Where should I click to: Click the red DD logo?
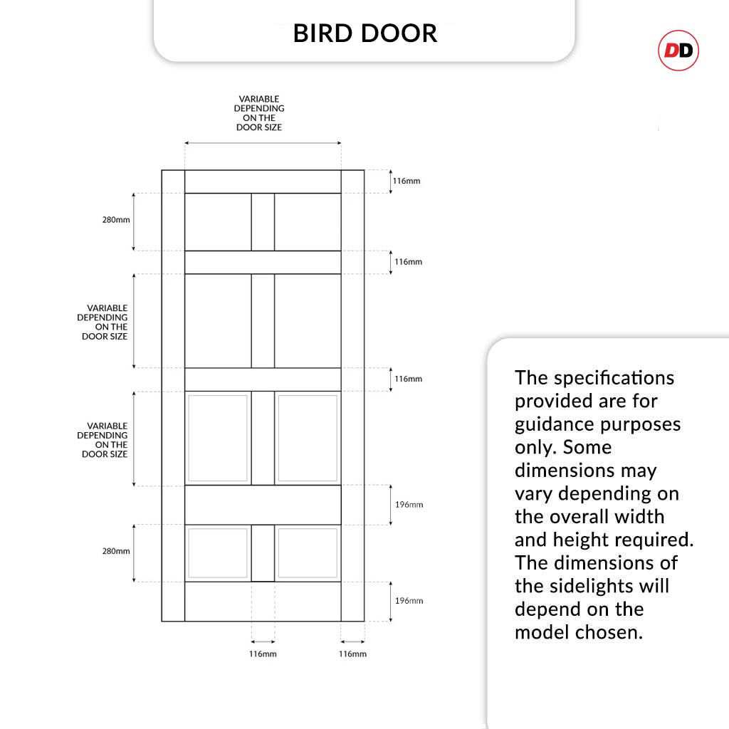click(x=678, y=51)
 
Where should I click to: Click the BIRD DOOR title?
click(x=364, y=33)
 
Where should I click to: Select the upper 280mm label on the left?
click(x=116, y=220)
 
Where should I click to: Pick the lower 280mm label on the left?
click(x=116, y=551)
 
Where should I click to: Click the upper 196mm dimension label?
click(x=409, y=505)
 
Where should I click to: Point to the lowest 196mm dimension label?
click(x=409, y=601)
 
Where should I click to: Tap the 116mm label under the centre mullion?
click(x=263, y=654)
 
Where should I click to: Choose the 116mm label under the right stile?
click(x=352, y=654)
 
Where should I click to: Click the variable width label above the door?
click(x=259, y=113)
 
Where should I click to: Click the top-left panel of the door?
click(x=218, y=221)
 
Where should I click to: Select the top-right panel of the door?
click(x=308, y=221)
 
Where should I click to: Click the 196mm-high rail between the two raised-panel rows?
click(x=263, y=505)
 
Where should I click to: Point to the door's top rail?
click(x=263, y=182)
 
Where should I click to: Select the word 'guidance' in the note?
click(x=555, y=424)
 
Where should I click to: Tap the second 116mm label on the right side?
click(x=409, y=262)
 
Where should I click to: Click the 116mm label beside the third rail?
click(x=409, y=379)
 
